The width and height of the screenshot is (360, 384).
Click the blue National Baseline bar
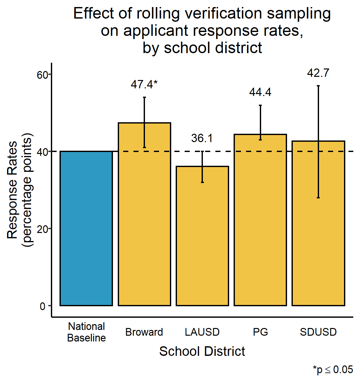(86, 228)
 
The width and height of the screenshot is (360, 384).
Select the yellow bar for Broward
(144, 224)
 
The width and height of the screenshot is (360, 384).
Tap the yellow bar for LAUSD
(202, 237)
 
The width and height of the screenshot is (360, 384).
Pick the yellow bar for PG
(260, 224)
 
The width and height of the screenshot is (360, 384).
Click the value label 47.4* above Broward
(144, 84)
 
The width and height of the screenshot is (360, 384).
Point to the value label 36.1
(202, 138)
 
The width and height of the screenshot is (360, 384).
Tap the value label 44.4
(260, 92)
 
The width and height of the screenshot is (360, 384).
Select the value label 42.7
(318, 73)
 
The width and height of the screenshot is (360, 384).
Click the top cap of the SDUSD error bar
(318, 86)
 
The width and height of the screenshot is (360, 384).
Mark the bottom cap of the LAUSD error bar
(202, 182)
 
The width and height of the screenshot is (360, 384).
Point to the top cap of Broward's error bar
(144, 97)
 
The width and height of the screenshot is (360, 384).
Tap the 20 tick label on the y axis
(42, 229)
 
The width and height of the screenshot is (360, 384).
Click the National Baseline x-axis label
(86, 332)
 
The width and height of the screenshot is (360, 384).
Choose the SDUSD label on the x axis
(318, 332)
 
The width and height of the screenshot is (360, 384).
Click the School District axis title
(202, 351)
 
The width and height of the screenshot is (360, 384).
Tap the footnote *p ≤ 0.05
(333, 370)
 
